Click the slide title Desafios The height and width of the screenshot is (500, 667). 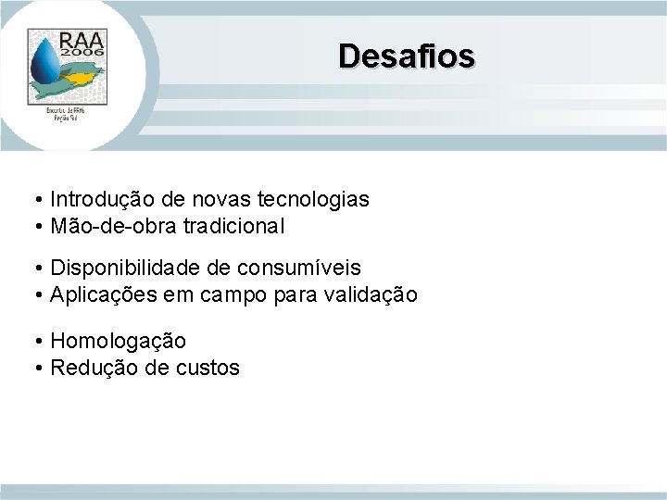coord(407,56)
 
